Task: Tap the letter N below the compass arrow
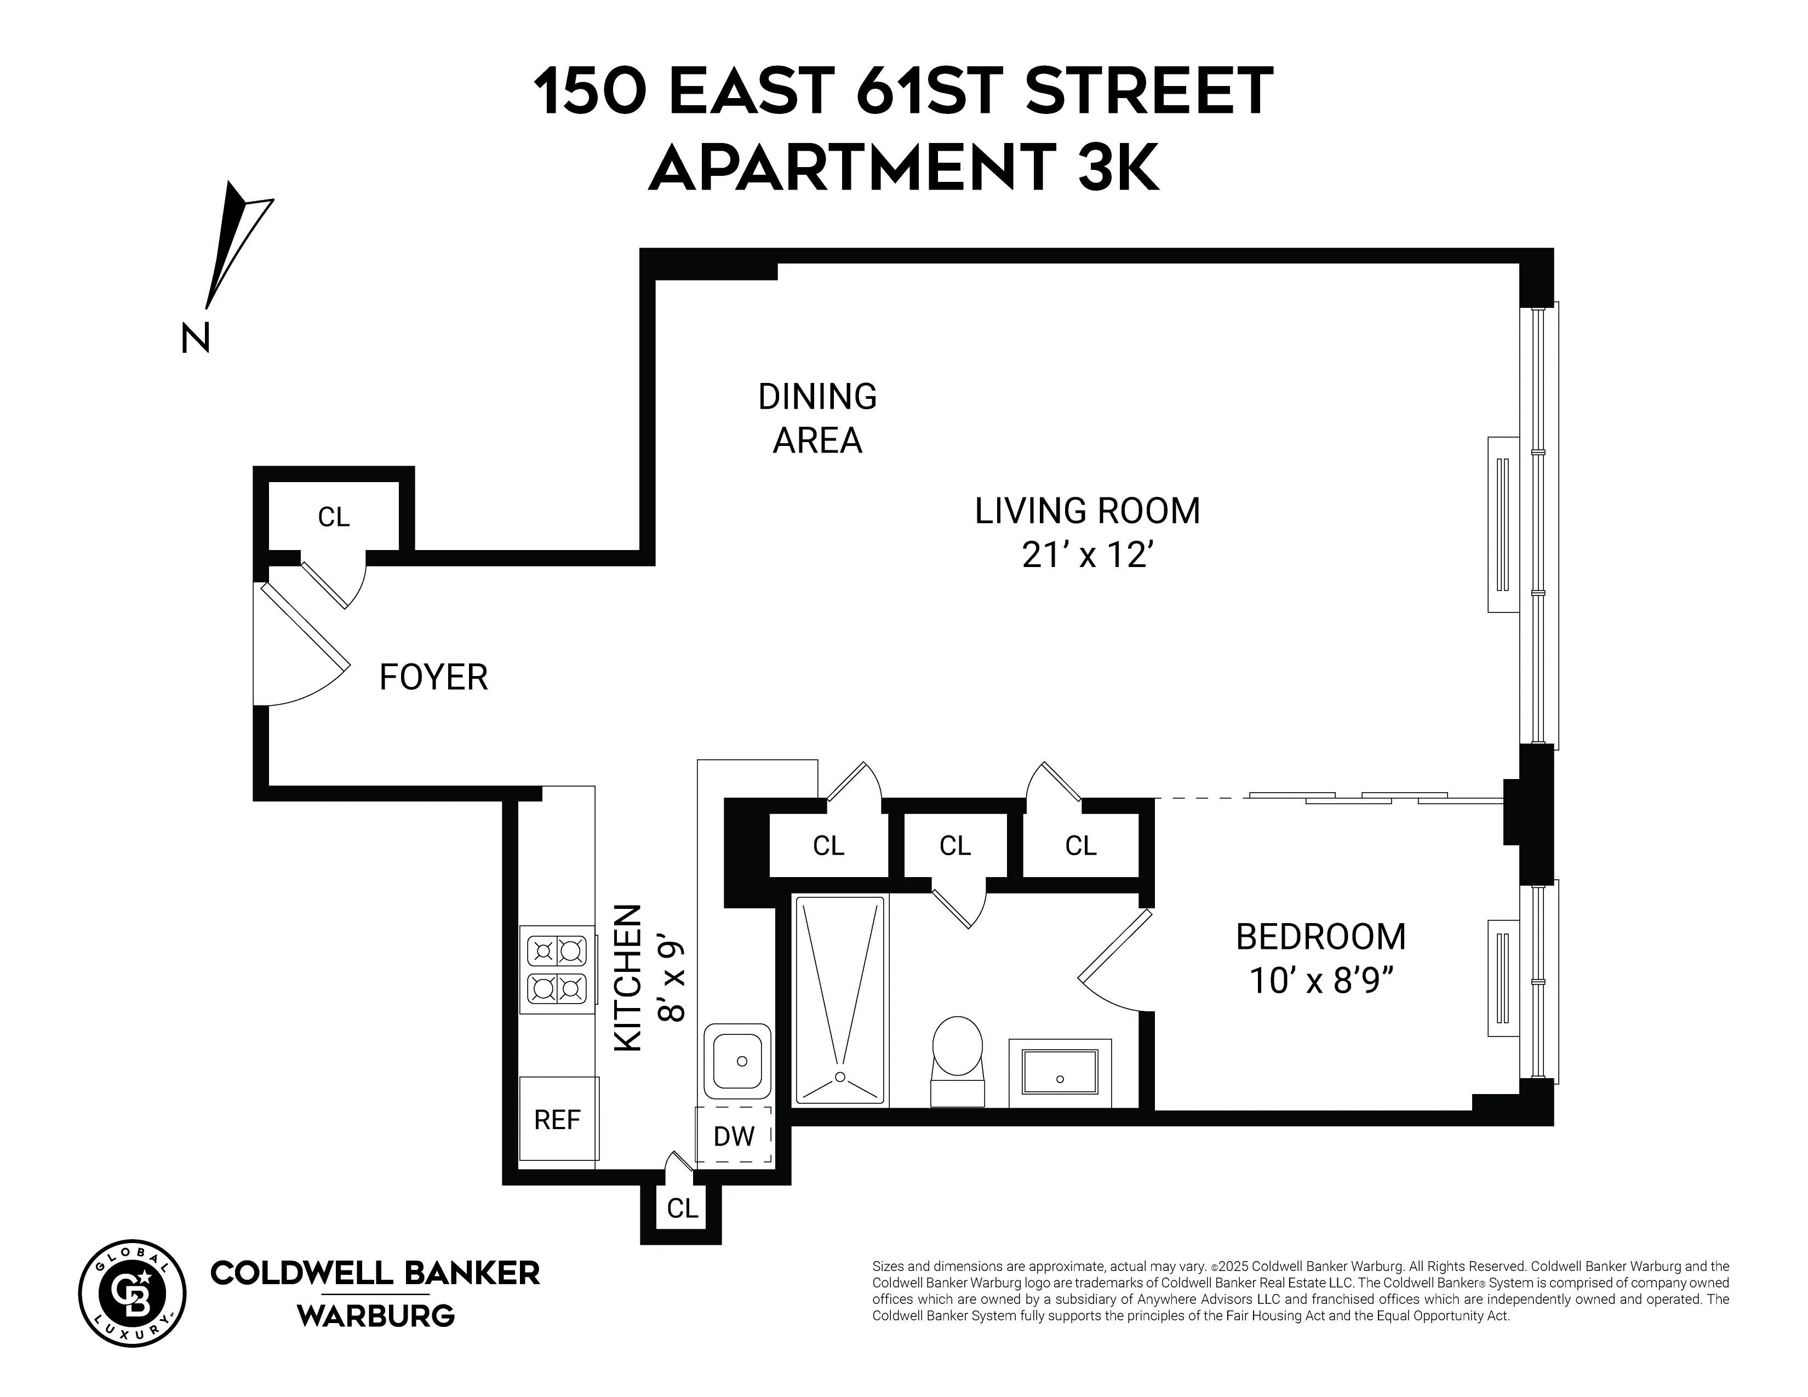(196, 337)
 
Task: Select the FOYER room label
(433, 678)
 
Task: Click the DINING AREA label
(817, 419)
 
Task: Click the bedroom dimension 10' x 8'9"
(1320, 982)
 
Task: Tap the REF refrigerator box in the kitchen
(557, 1119)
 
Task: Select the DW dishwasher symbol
(734, 1136)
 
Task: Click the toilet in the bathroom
(958, 1060)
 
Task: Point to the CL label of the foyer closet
(334, 517)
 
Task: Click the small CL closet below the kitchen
(682, 1209)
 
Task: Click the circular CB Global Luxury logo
(133, 1293)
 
